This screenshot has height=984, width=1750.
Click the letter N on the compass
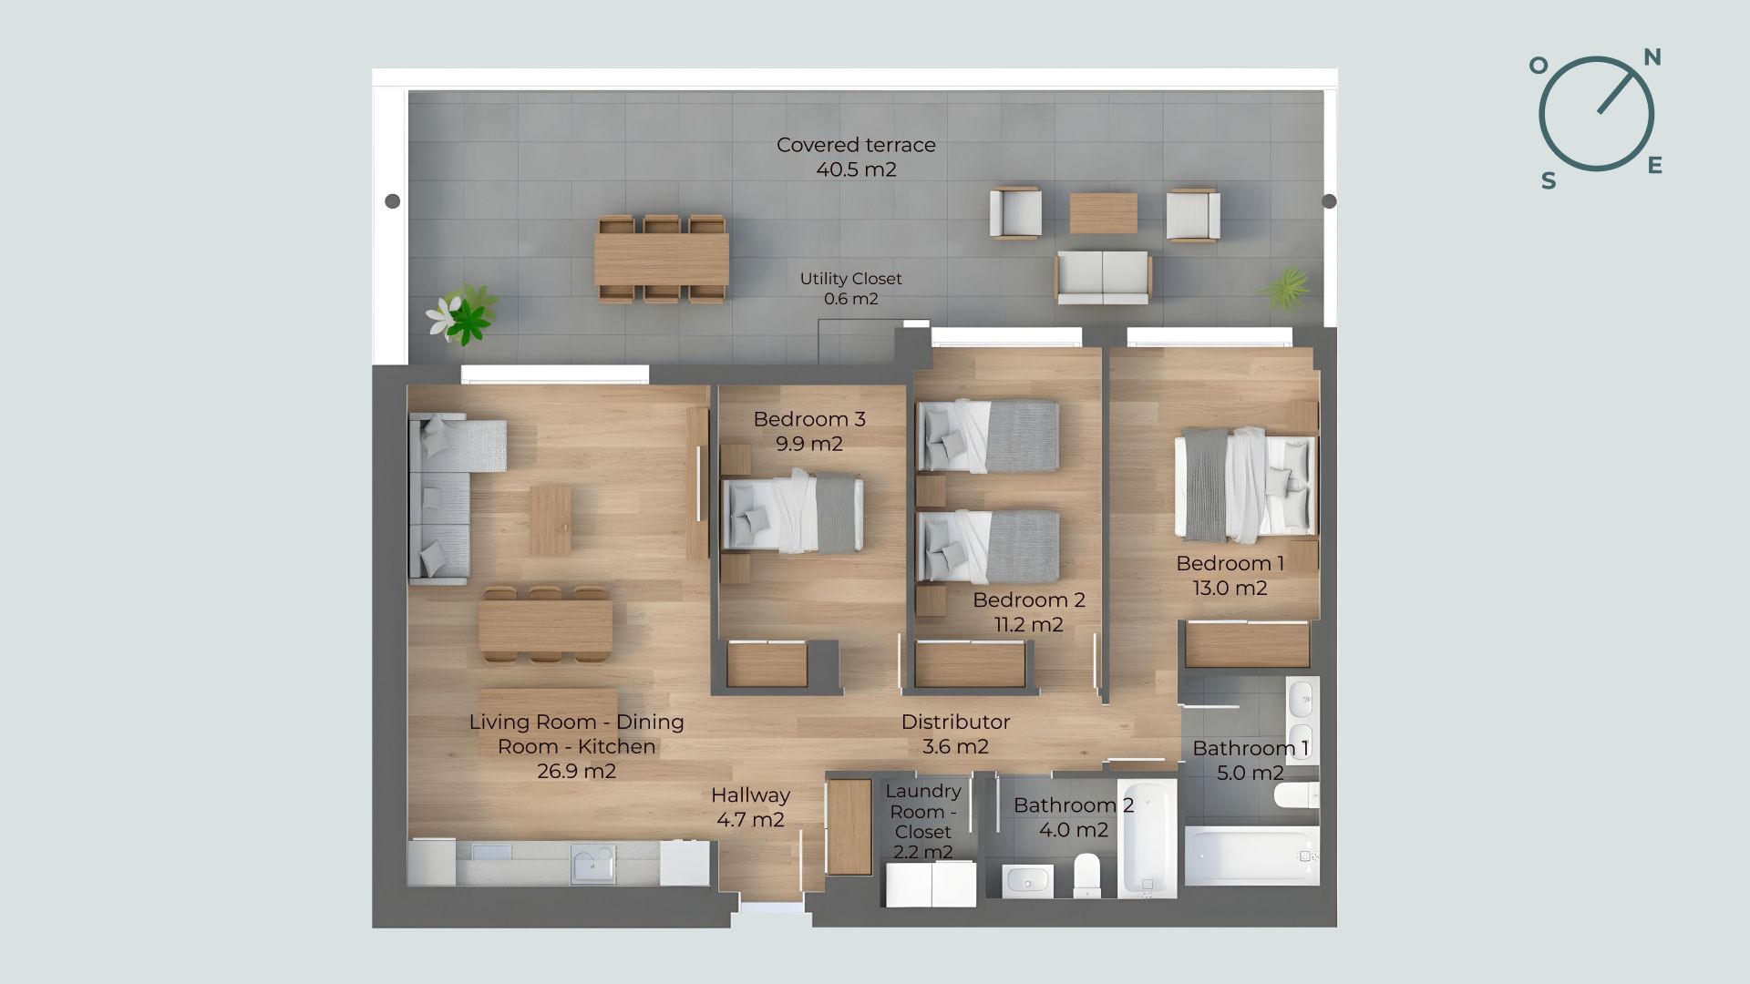pyautogui.click(x=1652, y=57)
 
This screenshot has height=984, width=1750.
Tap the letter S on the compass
pyautogui.click(x=1548, y=181)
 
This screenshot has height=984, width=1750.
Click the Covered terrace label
pyautogui.click(x=856, y=145)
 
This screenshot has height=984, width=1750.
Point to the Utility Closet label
pyautogui.click(x=850, y=279)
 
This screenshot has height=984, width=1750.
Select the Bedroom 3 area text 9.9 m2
pyautogui.click(x=809, y=444)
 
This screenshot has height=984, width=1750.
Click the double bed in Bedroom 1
pyautogui.click(x=1245, y=485)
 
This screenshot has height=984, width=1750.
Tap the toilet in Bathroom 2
pyautogui.click(x=1087, y=876)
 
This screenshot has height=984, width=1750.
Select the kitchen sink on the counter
pyautogui.click(x=592, y=864)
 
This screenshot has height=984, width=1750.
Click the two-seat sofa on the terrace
pyautogui.click(x=1103, y=278)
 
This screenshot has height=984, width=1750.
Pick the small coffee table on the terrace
pyautogui.click(x=1103, y=213)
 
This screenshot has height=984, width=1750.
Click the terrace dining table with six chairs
pyautogui.click(x=662, y=259)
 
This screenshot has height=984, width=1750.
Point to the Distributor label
pyautogui.click(x=955, y=722)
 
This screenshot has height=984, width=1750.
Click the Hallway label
pyautogui.click(x=750, y=795)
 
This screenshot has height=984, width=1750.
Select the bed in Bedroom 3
pyautogui.click(x=792, y=513)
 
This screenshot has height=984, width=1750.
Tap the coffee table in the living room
pyautogui.click(x=551, y=519)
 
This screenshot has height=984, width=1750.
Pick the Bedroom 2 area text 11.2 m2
pyautogui.click(x=1029, y=625)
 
